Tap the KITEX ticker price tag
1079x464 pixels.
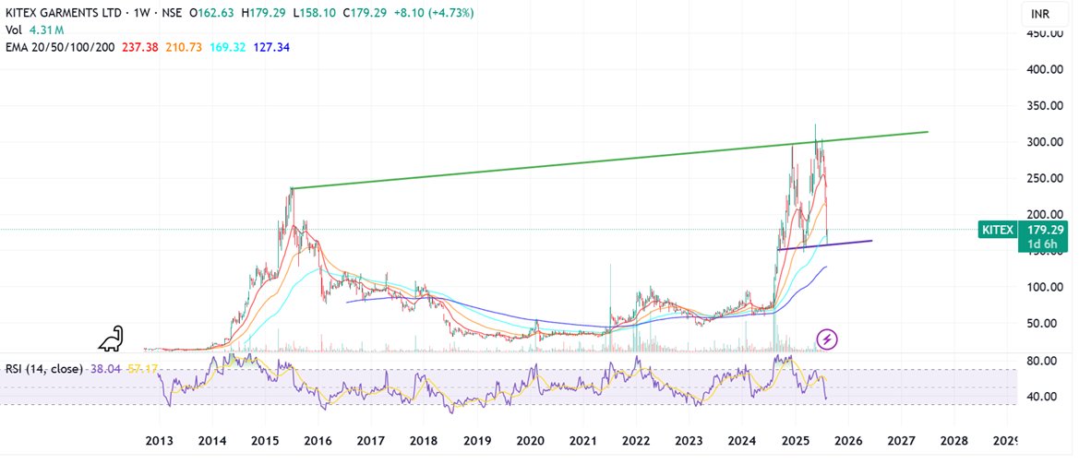[997, 230]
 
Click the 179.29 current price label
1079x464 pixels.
[1044, 230]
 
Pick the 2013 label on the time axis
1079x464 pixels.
[160, 440]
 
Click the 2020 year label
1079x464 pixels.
[531, 440]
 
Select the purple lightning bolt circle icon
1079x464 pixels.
[828, 339]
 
